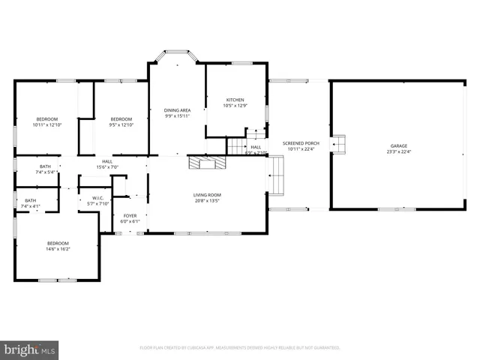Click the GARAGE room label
[398, 145]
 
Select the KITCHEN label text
[235, 100]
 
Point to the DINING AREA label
[177, 110]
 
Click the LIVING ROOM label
[207, 194]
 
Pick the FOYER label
[130, 215]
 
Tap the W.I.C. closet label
[98, 198]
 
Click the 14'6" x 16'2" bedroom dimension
[58, 249]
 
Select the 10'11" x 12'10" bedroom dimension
[46, 124]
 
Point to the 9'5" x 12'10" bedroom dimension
[121, 124]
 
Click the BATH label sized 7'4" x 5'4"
[45, 166]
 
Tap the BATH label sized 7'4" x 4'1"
[30, 200]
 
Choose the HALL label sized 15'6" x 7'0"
[107, 161]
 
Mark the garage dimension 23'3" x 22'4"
[398, 151]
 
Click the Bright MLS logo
[30, 349]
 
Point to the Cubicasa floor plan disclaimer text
[240, 348]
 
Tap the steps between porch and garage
[337, 143]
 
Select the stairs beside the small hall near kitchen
[238, 146]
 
